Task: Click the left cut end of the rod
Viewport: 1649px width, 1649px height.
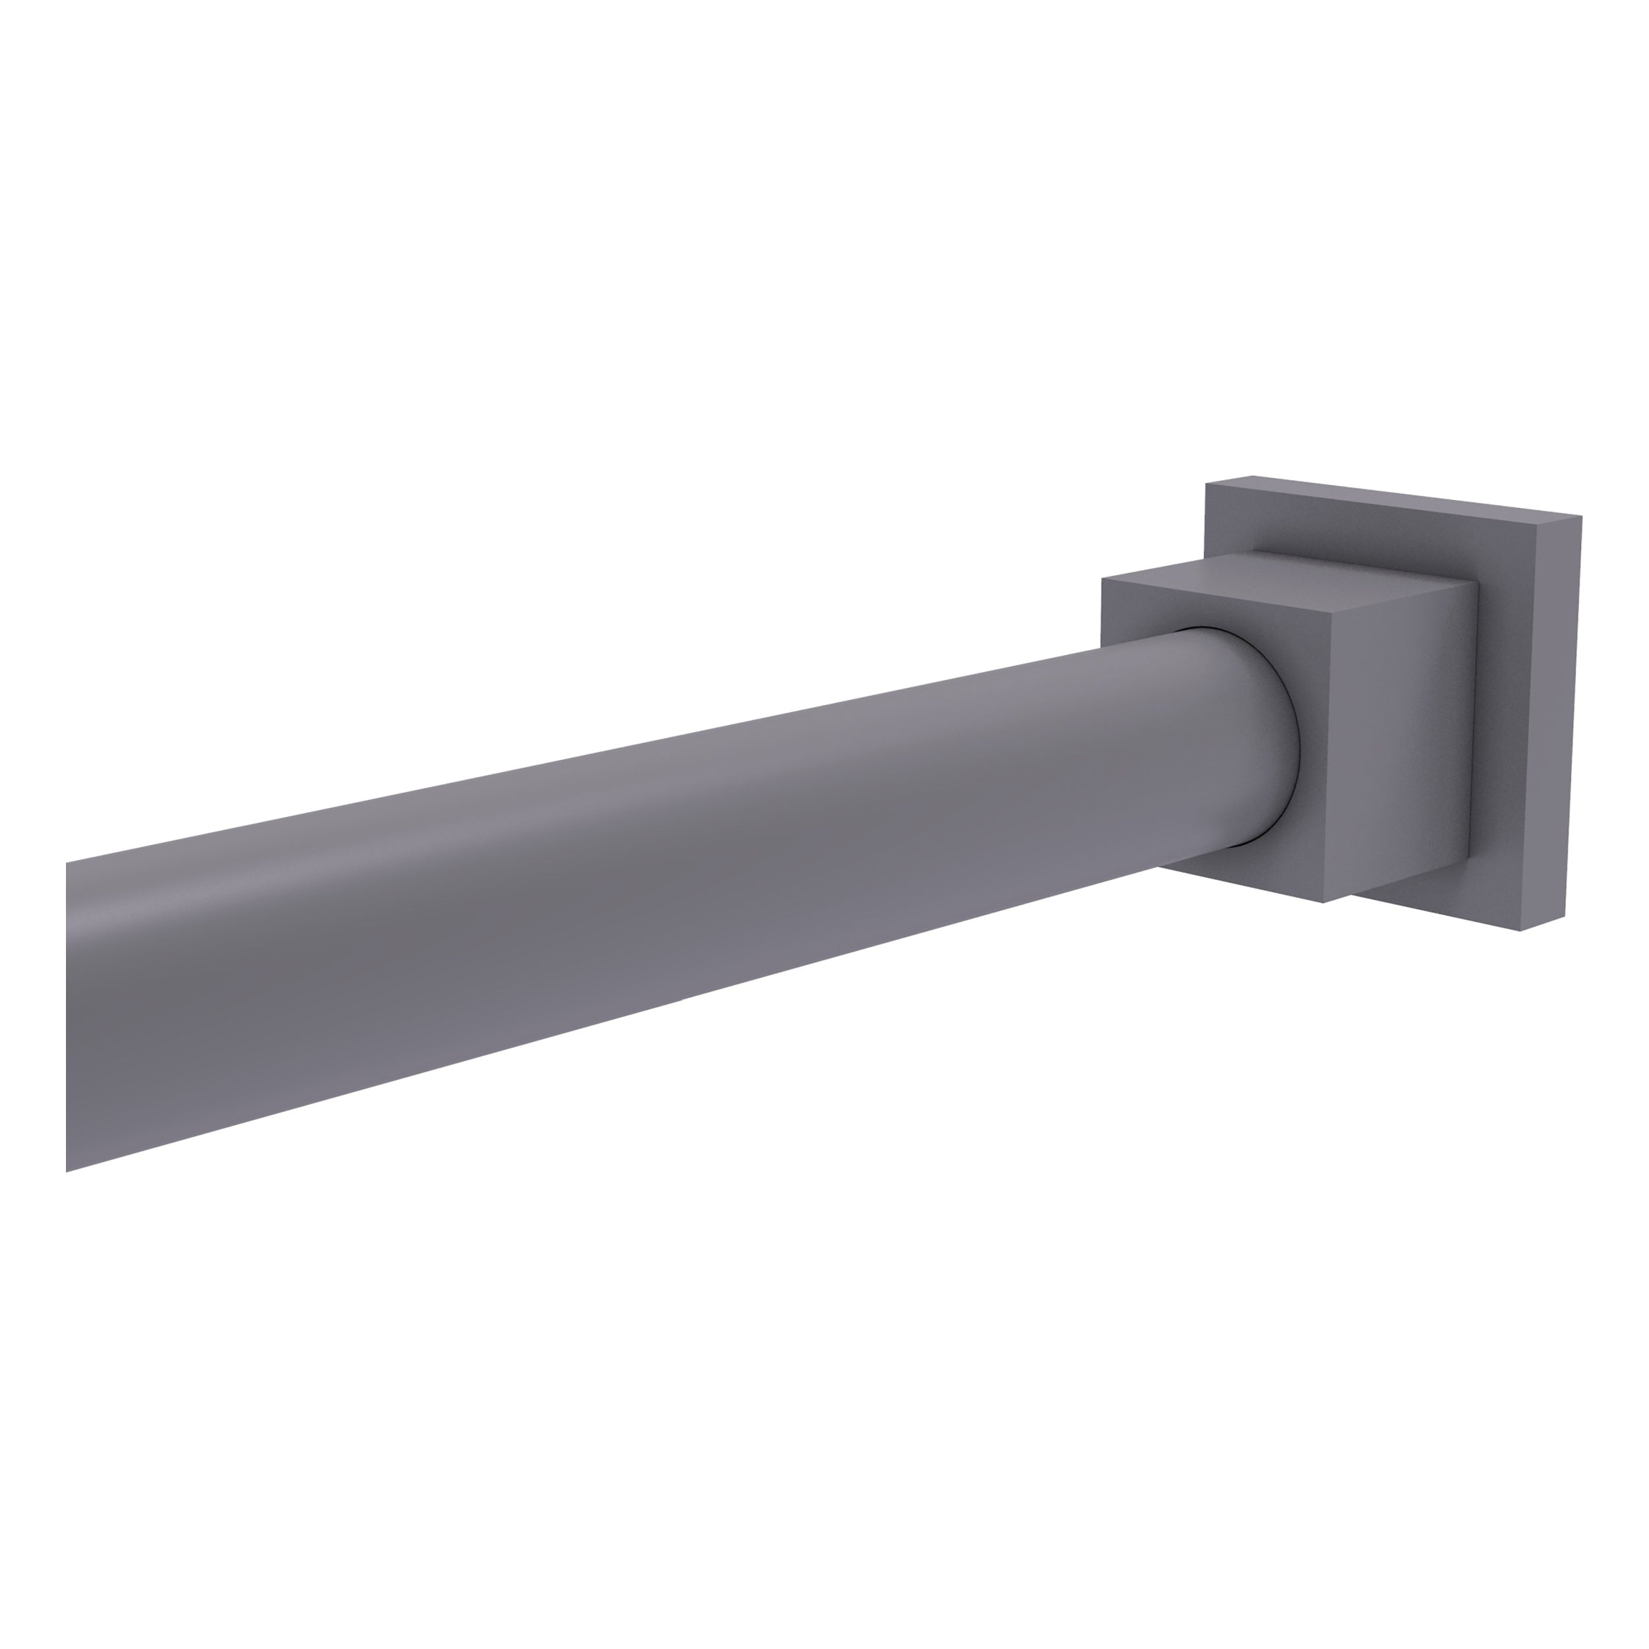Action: (67, 1016)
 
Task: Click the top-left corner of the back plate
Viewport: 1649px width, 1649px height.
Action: (1205, 483)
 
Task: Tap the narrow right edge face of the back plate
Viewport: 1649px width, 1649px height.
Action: (1551, 726)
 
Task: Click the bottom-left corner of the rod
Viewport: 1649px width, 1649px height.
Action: (67, 1171)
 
